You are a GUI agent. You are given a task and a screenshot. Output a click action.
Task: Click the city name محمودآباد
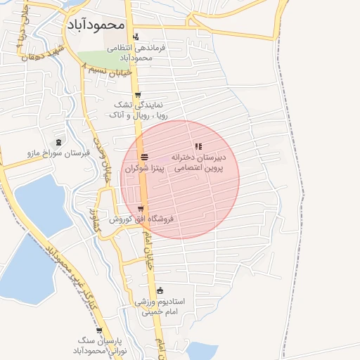click(x=96, y=25)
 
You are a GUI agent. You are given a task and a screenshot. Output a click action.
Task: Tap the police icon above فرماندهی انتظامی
click(x=136, y=37)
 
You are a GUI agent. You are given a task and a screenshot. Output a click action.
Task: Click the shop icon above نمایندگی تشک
click(x=137, y=96)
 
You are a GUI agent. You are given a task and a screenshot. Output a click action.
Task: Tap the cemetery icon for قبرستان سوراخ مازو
click(x=58, y=142)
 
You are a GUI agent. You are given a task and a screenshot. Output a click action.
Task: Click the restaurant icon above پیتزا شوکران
click(x=144, y=156)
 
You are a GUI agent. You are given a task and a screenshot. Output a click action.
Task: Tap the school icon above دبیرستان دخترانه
click(x=198, y=146)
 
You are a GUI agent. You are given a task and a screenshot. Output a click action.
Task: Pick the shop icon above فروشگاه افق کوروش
click(x=141, y=208)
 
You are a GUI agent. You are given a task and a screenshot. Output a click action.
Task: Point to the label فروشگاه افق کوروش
click(x=141, y=219)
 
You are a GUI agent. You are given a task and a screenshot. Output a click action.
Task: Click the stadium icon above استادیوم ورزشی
click(x=160, y=290)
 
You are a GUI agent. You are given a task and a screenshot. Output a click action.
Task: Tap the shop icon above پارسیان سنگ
click(x=98, y=329)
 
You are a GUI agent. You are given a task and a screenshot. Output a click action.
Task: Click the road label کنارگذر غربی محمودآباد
click(x=70, y=275)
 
